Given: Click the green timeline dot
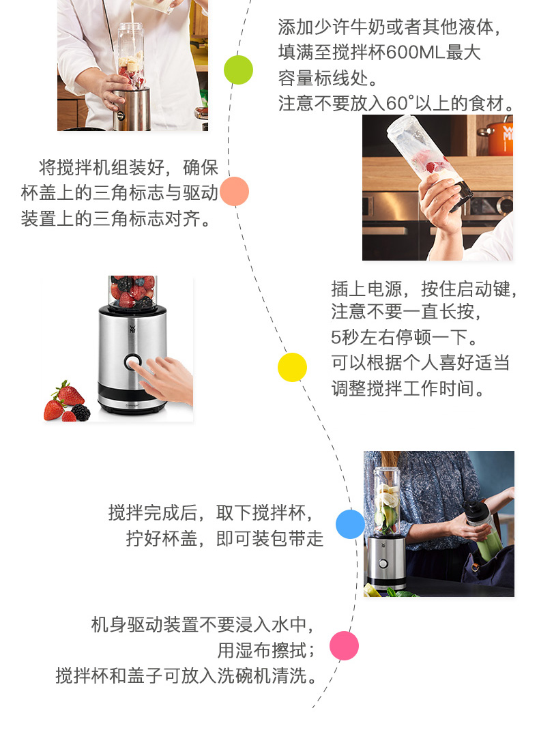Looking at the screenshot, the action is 238,70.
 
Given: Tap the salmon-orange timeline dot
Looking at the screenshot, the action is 234,191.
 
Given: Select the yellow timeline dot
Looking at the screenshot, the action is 292,367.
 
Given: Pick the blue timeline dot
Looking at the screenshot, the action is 350,524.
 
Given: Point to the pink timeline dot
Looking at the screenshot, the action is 344,645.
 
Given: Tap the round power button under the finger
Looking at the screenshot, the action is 132,362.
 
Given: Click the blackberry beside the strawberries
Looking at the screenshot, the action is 81,413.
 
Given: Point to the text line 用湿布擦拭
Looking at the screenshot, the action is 266,650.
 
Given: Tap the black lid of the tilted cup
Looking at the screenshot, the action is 460,199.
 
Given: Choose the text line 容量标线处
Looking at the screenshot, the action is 328,78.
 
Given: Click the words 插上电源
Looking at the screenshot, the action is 367,289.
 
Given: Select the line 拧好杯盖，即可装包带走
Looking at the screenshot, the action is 225,539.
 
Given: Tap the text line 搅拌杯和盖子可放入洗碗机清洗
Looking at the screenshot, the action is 186,675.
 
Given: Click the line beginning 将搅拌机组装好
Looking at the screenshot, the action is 128,167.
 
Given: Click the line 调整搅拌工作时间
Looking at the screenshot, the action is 408,388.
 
